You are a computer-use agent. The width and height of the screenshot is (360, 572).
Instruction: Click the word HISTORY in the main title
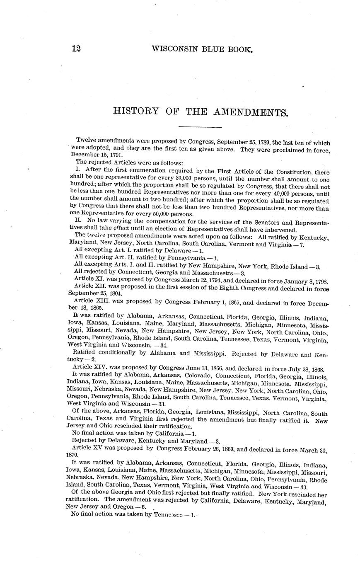click(x=136, y=111)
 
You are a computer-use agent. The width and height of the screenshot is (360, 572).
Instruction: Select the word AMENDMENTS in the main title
click(x=251, y=112)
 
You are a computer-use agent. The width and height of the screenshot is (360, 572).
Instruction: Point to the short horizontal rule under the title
click(x=200, y=126)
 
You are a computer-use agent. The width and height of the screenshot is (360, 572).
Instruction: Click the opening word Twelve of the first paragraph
click(x=86, y=140)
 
